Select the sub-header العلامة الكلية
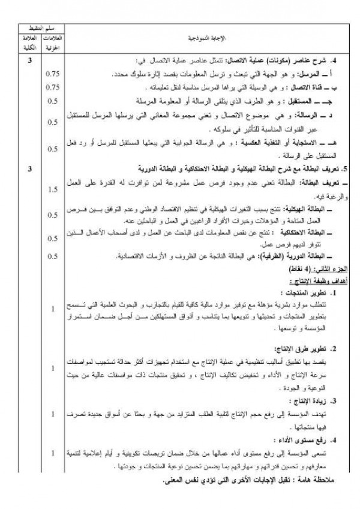(x=26, y=43)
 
